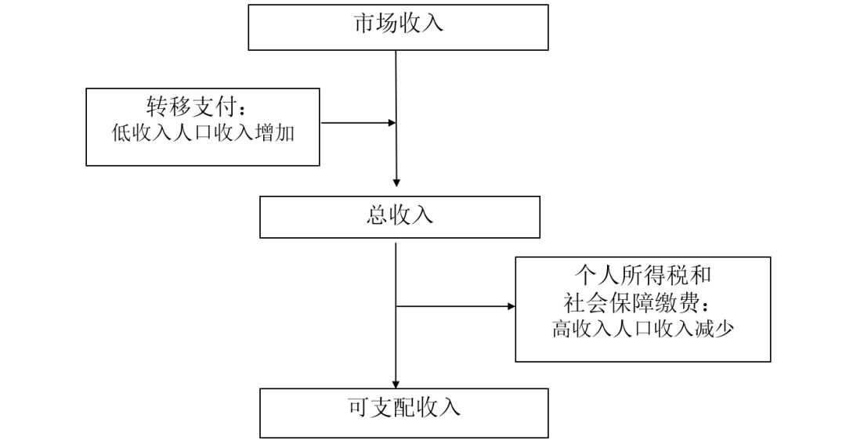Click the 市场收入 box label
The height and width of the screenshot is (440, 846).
(x=398, y=23)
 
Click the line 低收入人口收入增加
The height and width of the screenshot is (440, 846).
(x=203, y=133)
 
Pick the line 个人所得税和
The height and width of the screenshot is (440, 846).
(x=642, y=276)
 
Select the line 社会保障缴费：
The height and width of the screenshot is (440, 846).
(x=642, y=302)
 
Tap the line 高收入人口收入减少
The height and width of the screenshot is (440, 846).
(x=642, y=329)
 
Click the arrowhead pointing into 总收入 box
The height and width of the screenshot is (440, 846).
(x=397, y=183)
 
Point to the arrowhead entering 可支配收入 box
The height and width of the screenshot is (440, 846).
(x=397, y=379)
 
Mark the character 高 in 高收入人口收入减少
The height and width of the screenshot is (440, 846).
(x=561, y=329)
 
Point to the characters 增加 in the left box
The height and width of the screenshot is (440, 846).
(x=275, y=133)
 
